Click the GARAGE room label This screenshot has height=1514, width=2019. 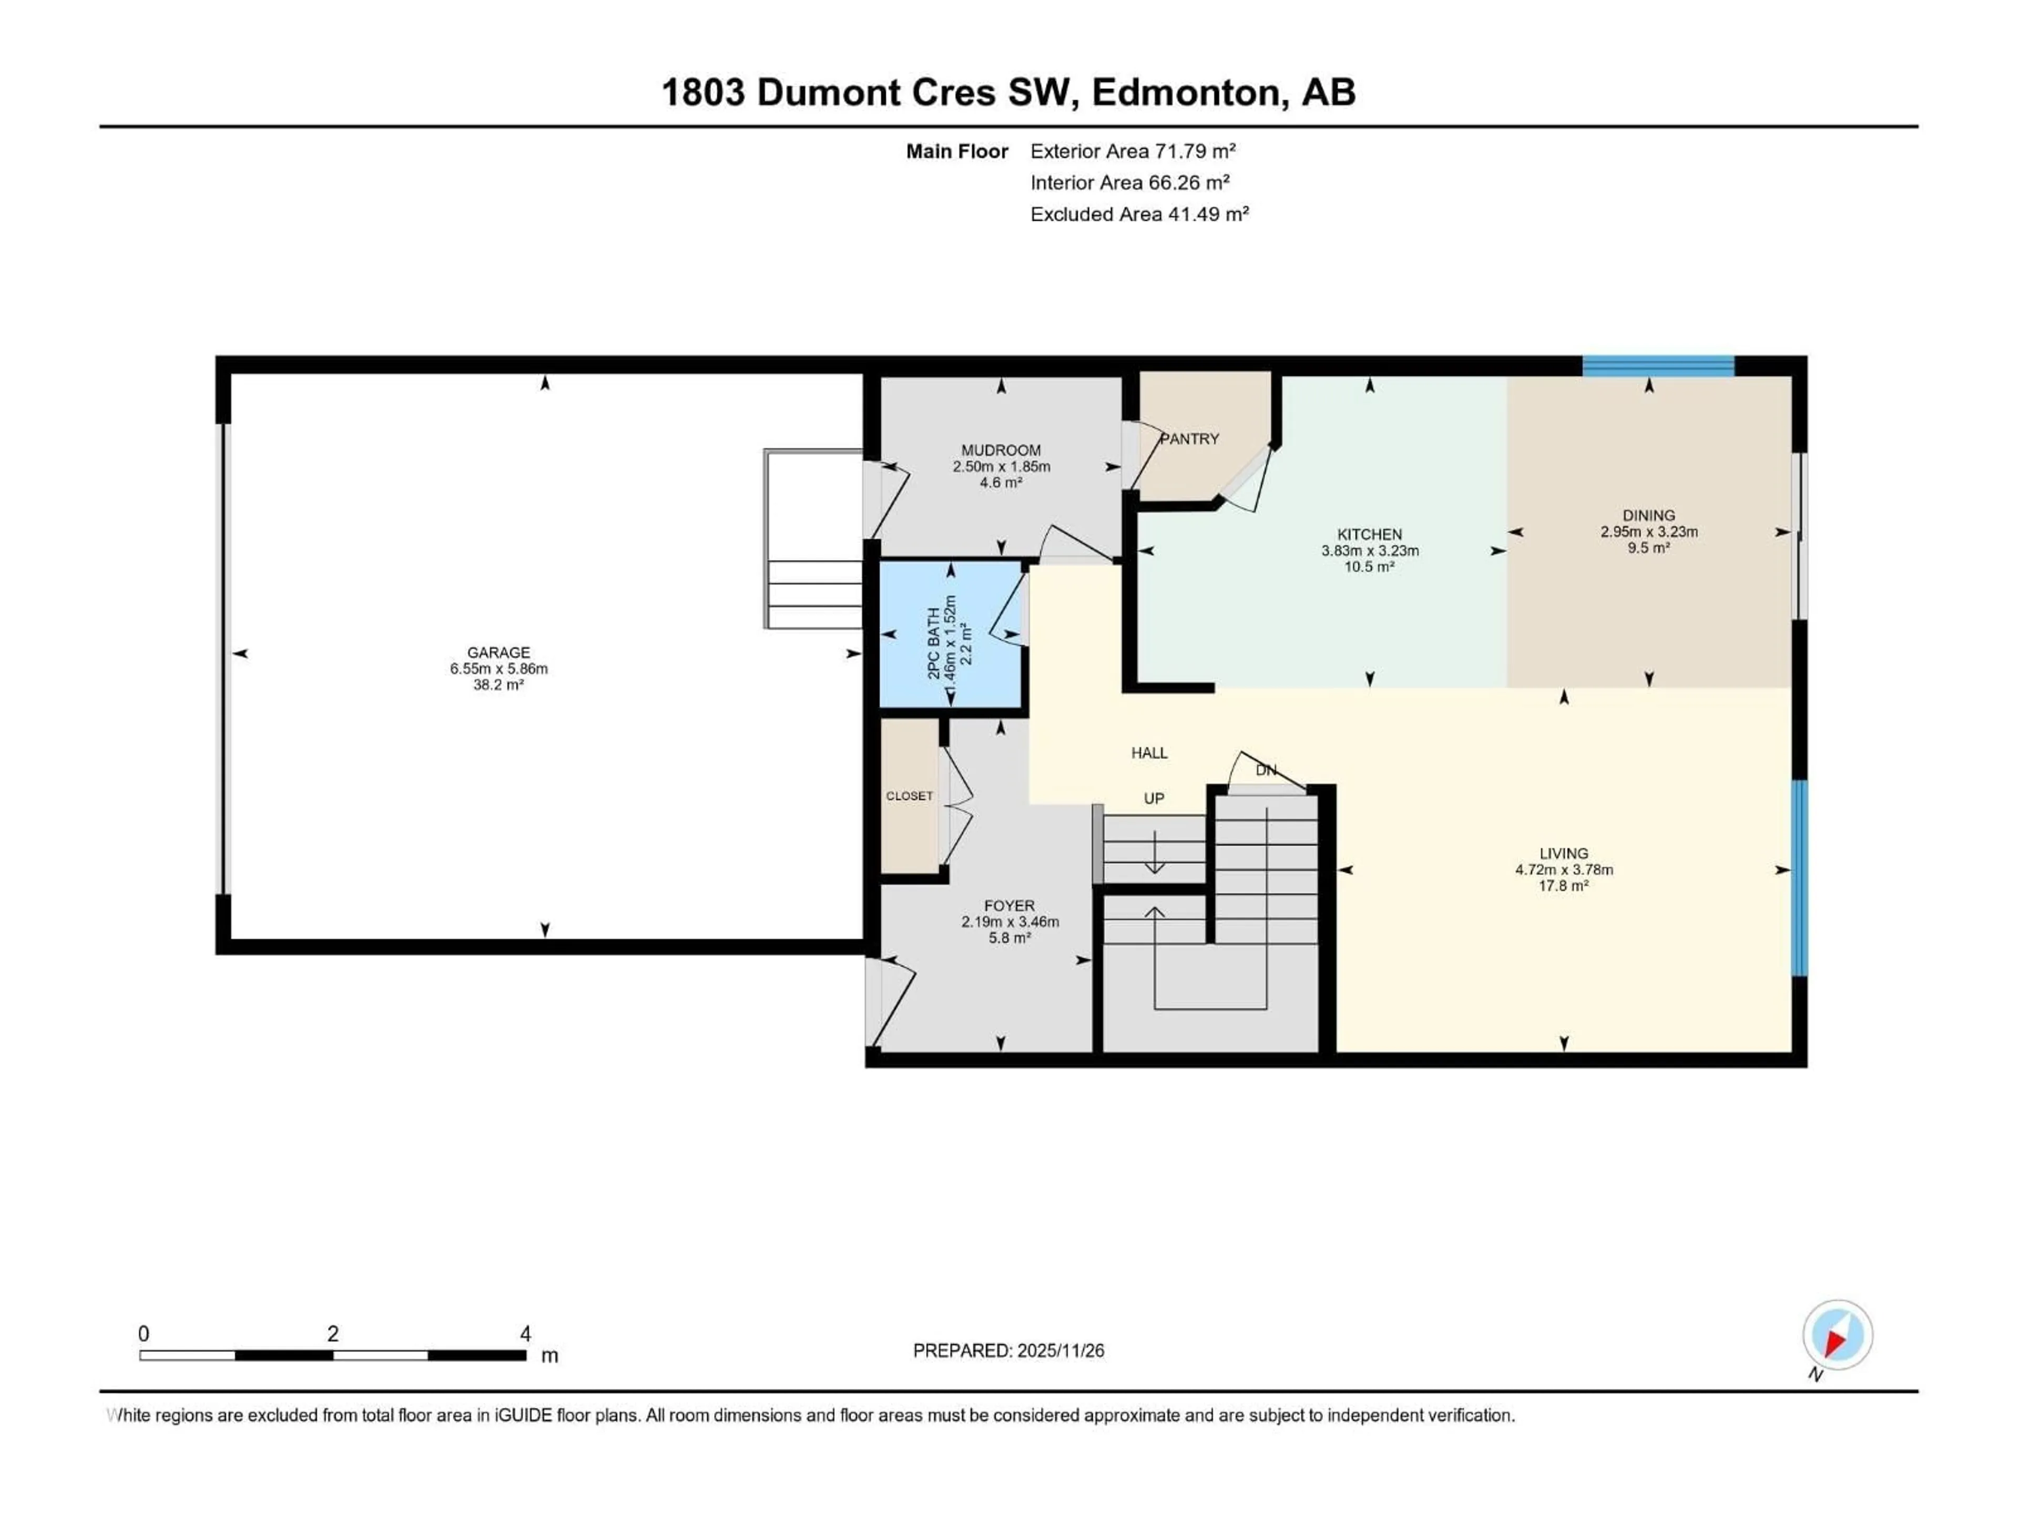(498, 652)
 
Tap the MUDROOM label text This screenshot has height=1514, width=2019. (1001, 450)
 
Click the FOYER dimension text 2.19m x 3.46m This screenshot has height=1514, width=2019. (1009, 922)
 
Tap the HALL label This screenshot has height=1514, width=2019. (1149, 753)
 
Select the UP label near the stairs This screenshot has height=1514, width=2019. (1154, 799)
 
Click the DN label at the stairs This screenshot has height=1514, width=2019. (1265, 770)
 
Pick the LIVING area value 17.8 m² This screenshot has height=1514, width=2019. (1564, 885)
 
